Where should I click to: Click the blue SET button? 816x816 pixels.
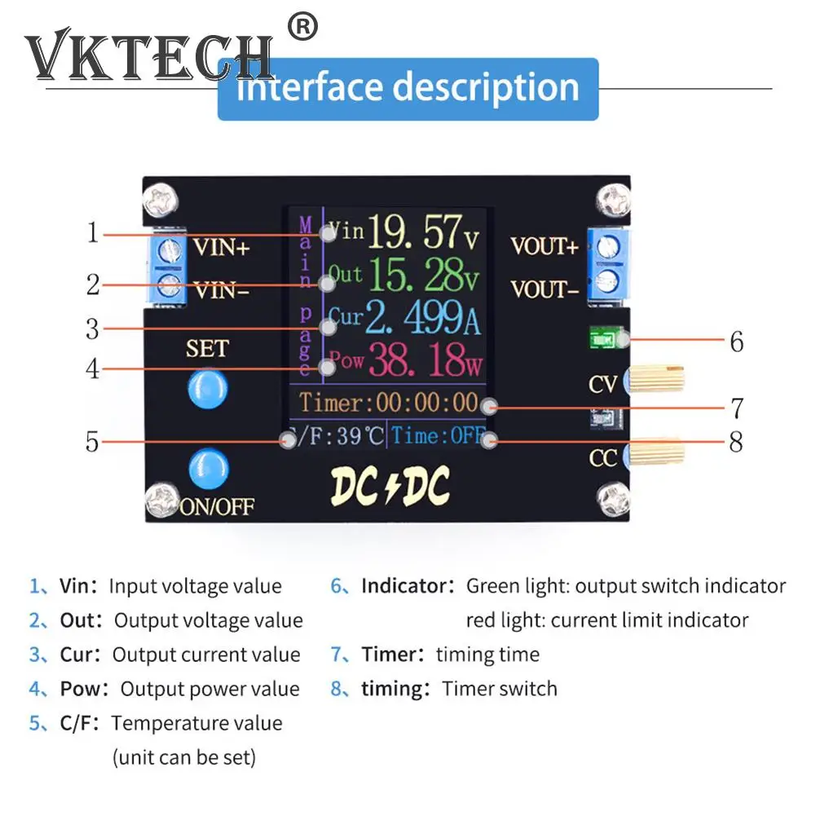tap(208, 388)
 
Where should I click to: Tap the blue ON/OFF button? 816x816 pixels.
tap(208, 468)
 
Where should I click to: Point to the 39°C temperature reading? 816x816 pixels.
tap(359, 436)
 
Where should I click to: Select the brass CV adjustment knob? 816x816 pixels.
tap(656, 379)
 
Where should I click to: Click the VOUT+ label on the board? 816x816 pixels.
tap(544, 245)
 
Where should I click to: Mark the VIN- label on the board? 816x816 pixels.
tap(222, 289)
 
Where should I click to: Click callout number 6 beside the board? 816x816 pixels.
tap(736, 342)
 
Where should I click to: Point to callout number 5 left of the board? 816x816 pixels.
tap(92, 442)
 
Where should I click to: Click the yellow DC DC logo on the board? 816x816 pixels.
tap(390, 487)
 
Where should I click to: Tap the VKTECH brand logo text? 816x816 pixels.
tap(147, 57)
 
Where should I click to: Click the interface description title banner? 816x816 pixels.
tap(408, 88)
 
